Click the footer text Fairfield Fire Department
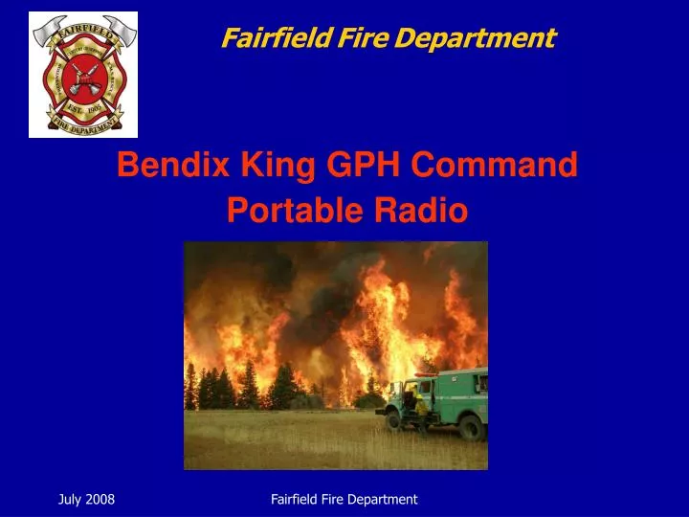[344, 499]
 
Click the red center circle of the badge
[83, 75]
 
